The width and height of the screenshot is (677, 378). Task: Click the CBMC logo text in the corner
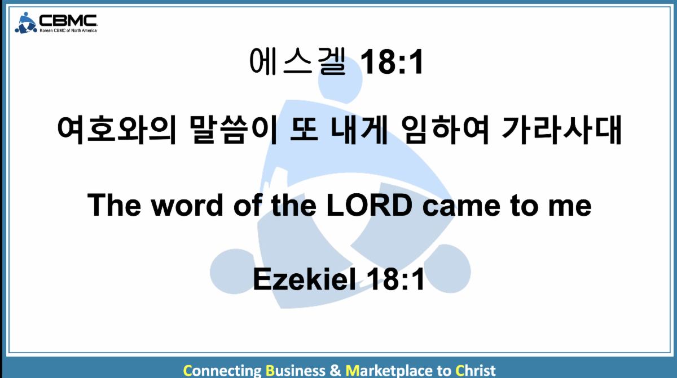point(68,20)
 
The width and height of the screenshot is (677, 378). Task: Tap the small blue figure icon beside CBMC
point(26,23)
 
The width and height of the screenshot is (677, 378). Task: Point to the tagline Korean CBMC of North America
point(68,30)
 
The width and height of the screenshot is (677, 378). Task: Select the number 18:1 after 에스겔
point(392,62)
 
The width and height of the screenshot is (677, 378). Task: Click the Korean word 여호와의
point(117,130)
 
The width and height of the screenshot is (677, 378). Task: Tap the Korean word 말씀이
point(234,130)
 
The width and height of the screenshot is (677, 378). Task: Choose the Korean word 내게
point(359,130)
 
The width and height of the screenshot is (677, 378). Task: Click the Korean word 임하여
point(446,130)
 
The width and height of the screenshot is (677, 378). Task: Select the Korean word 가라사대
point(562,130)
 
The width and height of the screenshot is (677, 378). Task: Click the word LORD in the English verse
point(370,205)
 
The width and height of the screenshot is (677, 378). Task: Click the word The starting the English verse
point(114,205)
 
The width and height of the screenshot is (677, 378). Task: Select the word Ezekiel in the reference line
point(304,279)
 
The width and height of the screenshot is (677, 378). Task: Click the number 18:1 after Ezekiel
point(395,279)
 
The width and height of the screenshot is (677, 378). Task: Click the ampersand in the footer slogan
point(335,371)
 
